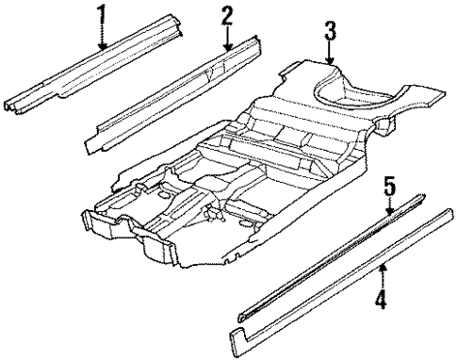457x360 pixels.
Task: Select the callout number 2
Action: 227,15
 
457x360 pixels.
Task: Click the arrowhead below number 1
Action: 104,44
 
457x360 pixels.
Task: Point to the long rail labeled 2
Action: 179,90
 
